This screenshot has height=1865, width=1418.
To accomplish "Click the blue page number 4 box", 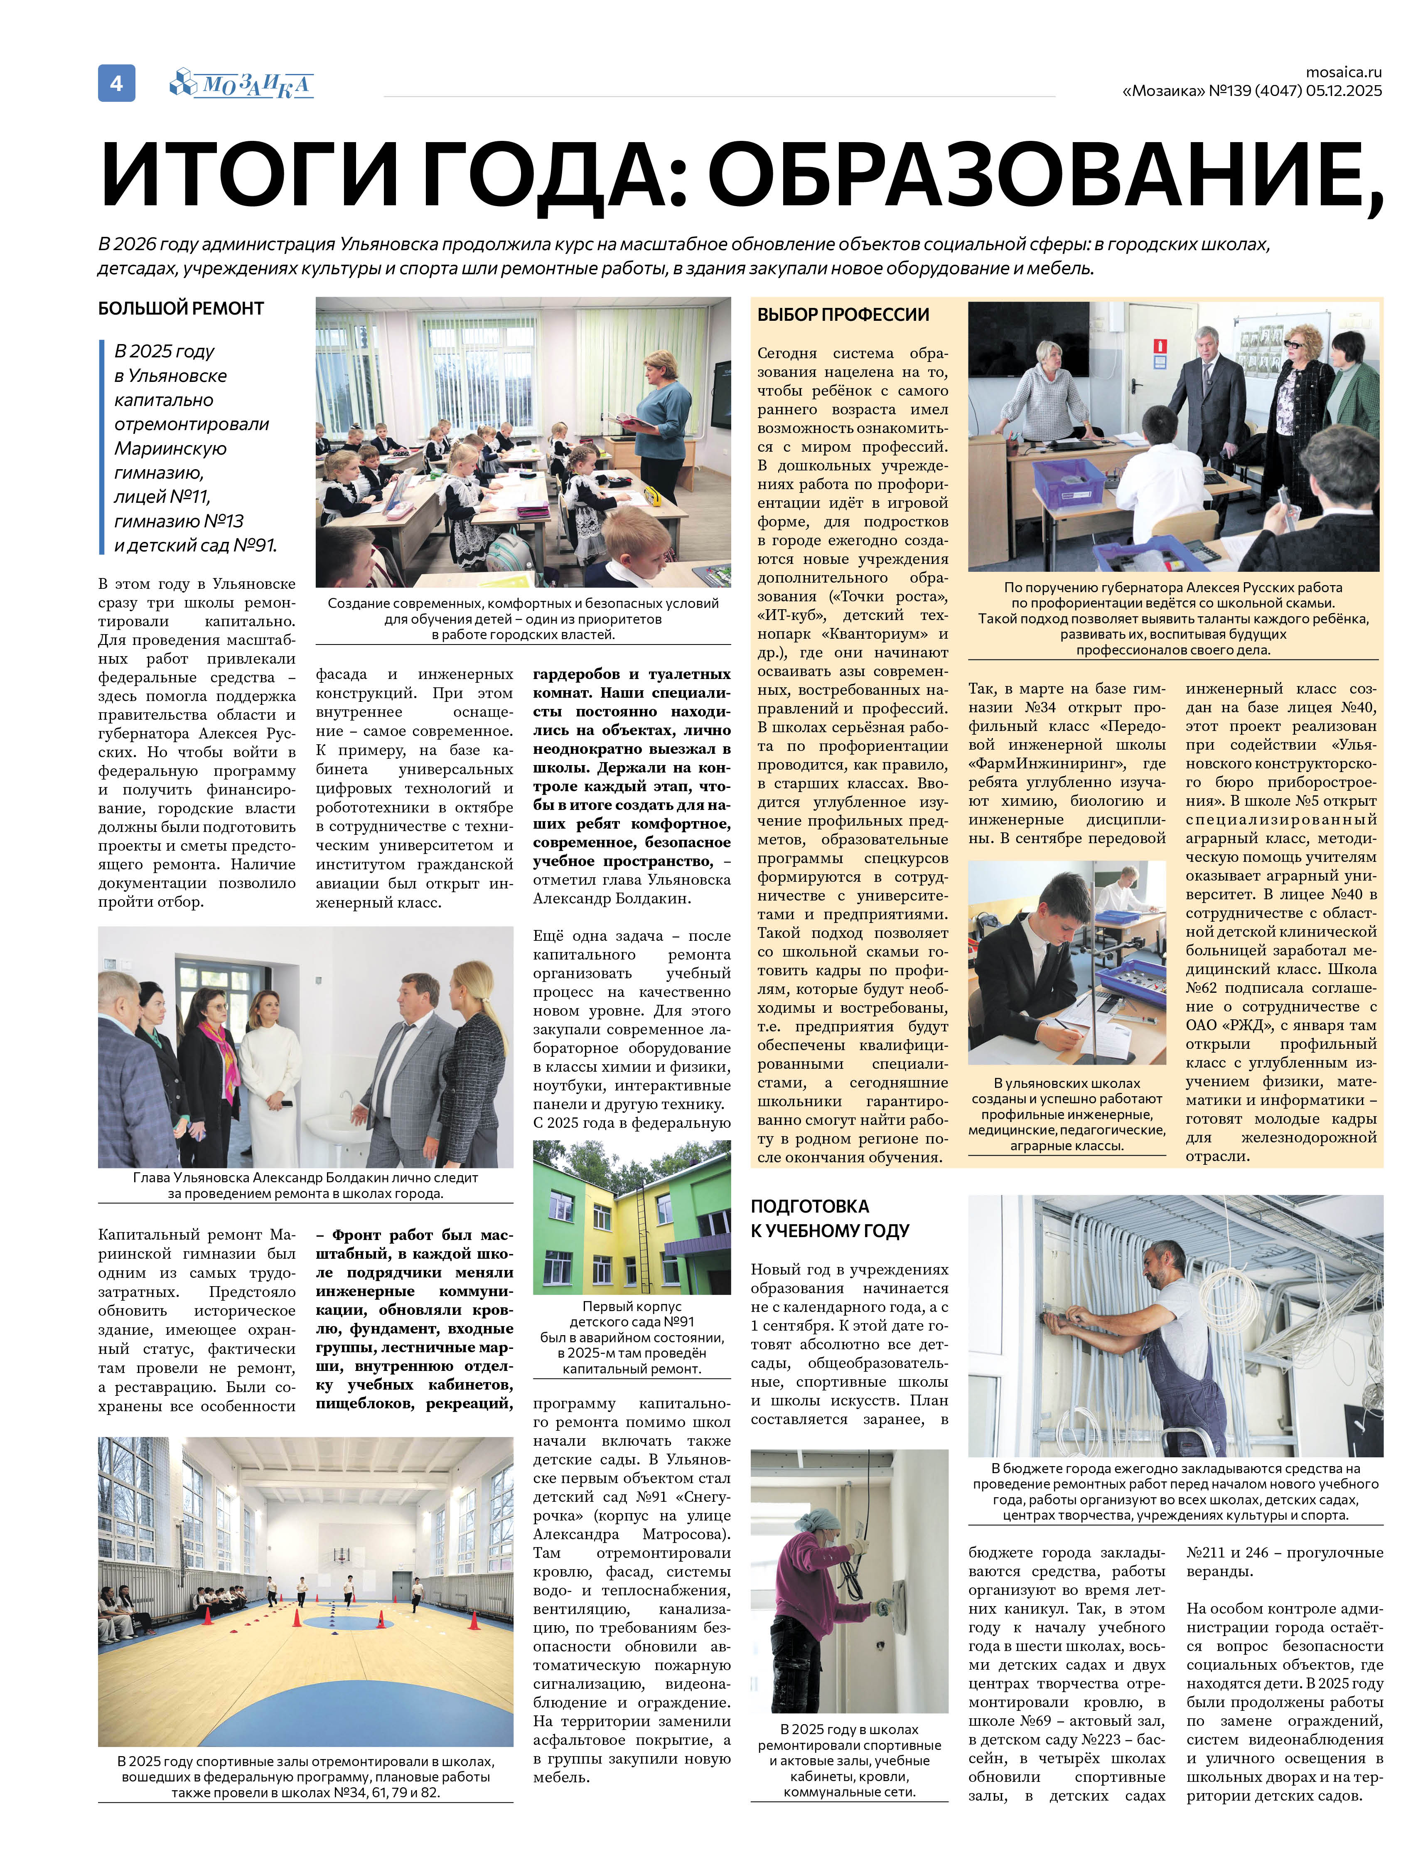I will (116, 83).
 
